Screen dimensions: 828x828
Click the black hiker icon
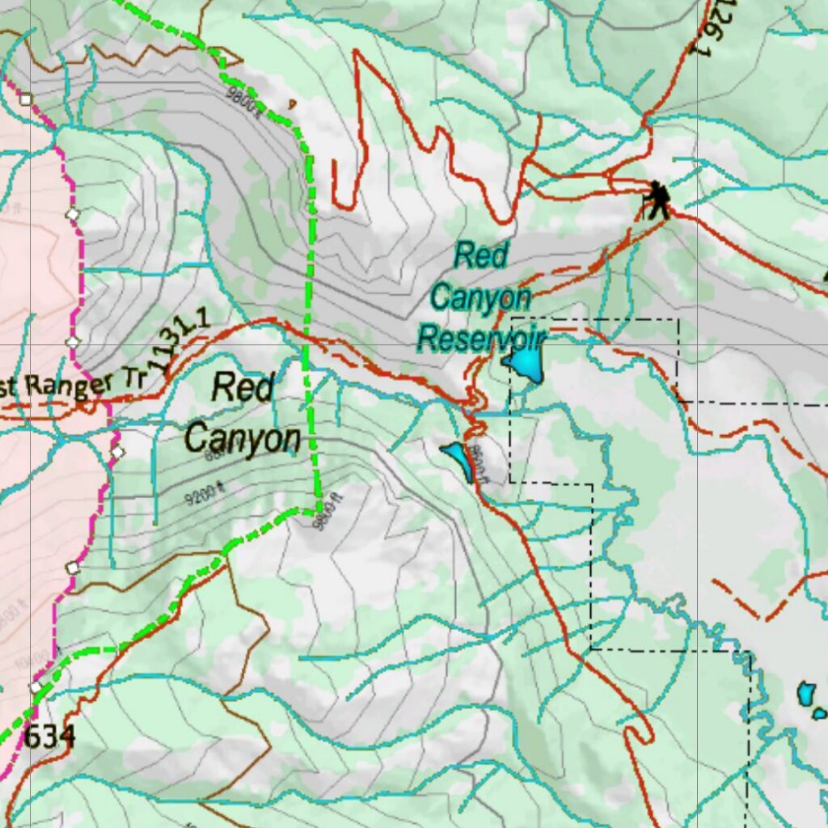[657, 200]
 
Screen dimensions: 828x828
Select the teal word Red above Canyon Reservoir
[480, 256]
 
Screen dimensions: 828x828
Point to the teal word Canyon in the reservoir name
[480, 298]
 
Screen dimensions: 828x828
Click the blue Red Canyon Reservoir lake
[526, 364]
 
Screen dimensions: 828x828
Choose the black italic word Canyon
[243, 439]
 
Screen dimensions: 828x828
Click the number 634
[49, 737]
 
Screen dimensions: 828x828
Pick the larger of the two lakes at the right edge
[806, 694]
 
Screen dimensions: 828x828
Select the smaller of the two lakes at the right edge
[820, 713]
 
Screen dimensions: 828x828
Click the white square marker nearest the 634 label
[36, 687]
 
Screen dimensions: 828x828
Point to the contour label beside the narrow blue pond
[479, 464]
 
